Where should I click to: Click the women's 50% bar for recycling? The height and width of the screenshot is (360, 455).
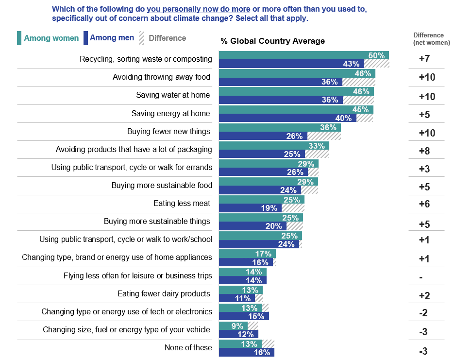click(303, 55)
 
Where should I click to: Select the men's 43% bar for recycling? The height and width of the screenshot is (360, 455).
click(291, 64)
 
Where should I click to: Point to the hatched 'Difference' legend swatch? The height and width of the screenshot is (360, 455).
click(142, 38)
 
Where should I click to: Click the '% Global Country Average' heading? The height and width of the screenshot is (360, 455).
click(272, 41)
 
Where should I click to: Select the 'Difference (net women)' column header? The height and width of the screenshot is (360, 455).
click(428, 39)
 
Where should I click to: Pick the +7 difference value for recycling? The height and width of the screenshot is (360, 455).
click(424, 59)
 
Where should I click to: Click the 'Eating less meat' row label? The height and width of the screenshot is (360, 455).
click(182, 203)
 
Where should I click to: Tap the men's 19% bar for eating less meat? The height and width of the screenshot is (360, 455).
click(250, 208)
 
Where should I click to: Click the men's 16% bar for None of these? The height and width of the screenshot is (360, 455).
click(246, 352)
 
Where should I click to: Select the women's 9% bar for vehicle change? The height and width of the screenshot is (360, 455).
click(233, 326)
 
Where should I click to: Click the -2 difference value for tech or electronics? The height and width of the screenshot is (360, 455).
click(423, 313)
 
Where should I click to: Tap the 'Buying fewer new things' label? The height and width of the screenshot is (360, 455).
click(169, 131)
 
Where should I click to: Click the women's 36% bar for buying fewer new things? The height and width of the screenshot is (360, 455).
click(280, 127)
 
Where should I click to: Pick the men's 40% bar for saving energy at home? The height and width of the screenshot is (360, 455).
click(287, 118)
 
